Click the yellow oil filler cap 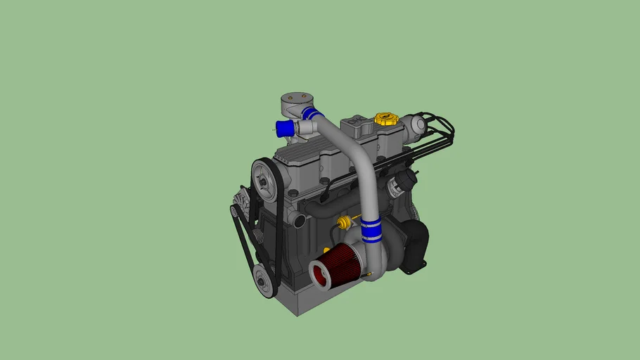385,118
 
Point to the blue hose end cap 284,128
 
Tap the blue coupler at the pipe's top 312,114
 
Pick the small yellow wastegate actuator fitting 343,224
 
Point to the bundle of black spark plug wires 436,137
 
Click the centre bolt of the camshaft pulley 263,181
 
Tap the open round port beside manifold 299,221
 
